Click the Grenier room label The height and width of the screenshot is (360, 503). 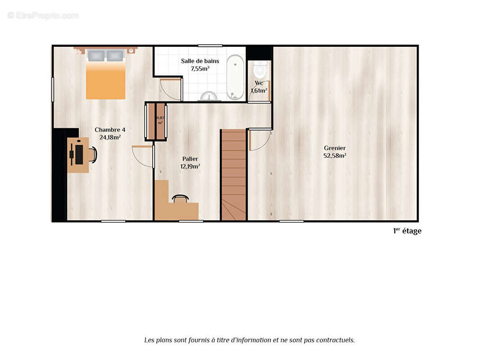point(335,148)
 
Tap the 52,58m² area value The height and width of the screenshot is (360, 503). point(335,156)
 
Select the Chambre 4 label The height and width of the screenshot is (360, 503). point(110,130)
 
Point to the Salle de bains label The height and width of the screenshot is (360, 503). point(200,61)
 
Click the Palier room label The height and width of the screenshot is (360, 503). point(190,159)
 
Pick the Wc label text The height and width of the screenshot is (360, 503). point(258,83)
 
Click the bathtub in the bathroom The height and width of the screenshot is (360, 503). point(235,77)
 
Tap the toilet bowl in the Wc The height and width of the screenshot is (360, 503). point(260,69)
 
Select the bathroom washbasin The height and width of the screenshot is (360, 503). point(209,96)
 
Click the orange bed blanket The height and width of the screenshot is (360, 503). point(105,80)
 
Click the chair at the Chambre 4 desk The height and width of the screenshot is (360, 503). point(93,154)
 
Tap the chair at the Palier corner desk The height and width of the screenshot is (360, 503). point(180,198)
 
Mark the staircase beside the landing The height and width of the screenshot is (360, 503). point(234,175)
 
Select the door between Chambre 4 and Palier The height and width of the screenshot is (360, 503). point(143,157)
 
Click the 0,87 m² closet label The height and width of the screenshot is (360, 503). point(160,120)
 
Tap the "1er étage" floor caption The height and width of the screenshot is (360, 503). point(407,231)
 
